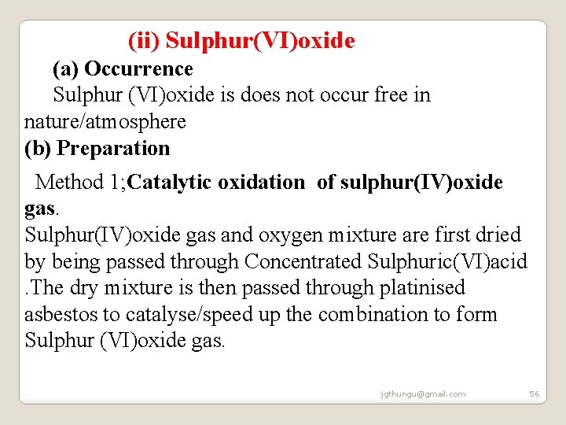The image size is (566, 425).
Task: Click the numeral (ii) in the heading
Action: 145,40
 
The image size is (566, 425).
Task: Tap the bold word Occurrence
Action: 138,69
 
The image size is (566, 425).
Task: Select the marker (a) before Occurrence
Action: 66,69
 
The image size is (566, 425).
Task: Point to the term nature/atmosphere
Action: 105,122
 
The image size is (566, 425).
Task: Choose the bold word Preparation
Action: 114,149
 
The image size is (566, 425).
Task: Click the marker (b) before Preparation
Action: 39,149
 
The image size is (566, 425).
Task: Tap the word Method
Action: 69,183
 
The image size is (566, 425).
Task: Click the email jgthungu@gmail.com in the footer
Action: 422,394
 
